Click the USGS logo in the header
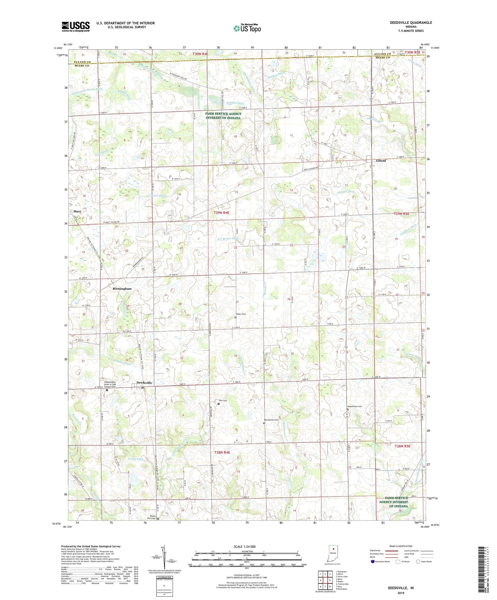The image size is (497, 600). [x=76, y=26]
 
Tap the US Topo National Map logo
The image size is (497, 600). [x=247, y=28]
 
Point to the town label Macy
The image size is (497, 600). [x=77, y=211]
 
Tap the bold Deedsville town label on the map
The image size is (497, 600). [x=144, y=383]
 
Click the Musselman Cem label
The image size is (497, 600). [x=355, y=406]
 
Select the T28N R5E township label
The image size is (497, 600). [x=402, y=446]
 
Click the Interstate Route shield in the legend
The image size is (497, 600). [x=373, y=562]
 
